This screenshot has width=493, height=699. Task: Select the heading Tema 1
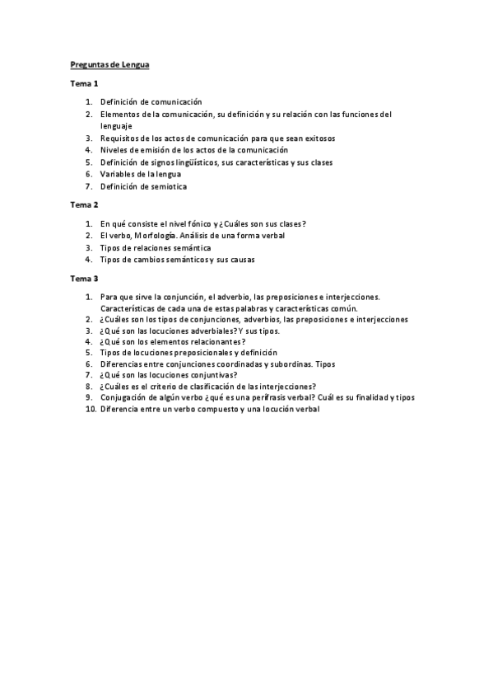(84, 83)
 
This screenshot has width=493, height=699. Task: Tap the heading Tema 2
(84, 204)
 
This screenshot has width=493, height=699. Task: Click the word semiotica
(167, 186)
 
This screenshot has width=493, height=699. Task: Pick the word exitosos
(328, 138)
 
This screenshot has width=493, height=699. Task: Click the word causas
(240, 259)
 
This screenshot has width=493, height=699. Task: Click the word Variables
(117, 174)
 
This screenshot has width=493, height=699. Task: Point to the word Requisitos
(120, 138)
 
